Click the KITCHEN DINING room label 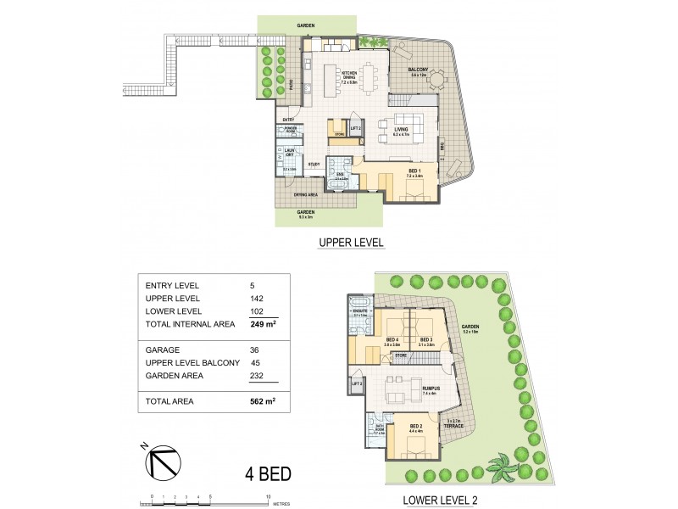point(348,76)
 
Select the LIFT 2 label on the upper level point(356,128)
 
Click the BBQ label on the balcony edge point(442,144)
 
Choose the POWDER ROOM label point(289,131)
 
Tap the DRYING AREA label point(306,194)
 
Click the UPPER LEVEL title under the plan point(351,243)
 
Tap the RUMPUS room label point(430,389)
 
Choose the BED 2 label point(415,427)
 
